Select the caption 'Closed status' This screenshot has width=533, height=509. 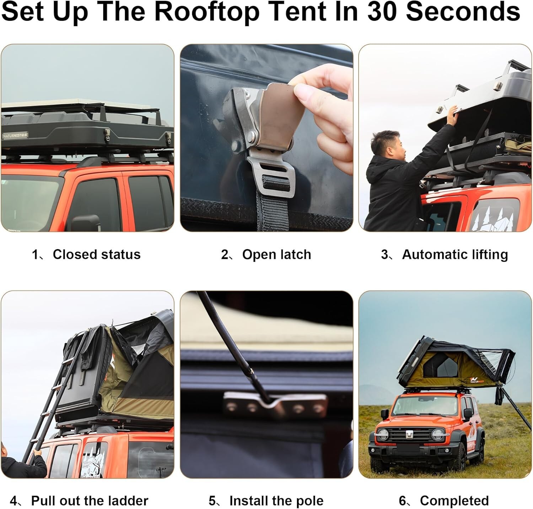tap(96, 254)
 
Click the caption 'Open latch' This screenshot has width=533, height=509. tap(276, 254)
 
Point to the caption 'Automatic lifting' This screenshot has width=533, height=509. tap(454, 254)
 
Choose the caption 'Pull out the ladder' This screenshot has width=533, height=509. tap(89, 500)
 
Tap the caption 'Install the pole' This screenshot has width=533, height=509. tap(276, 500)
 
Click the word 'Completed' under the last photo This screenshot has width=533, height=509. tap(454, 500)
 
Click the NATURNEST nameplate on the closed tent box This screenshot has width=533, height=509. tap(15, 135)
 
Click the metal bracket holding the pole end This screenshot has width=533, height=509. tap(275, 404)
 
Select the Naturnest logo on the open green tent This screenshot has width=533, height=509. tap(477, 380)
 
